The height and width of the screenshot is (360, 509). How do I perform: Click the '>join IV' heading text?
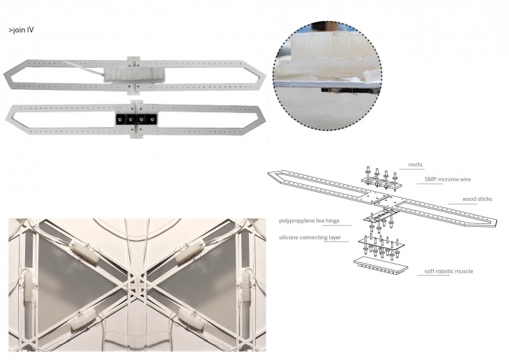click(21, 30)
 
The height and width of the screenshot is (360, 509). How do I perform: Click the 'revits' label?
click(415, 165)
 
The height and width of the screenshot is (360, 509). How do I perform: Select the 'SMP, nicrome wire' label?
click(448, 179)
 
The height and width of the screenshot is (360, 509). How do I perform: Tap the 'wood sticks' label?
click(477, 199)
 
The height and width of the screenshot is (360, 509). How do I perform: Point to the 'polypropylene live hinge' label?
click(309, 221)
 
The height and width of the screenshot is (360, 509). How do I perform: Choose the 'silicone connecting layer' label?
click(310, 237)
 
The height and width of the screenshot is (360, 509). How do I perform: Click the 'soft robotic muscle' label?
click(448, 271)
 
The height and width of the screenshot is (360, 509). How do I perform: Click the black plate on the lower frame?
click(137, 119)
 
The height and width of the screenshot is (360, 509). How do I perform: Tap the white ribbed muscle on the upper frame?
click(134, 75)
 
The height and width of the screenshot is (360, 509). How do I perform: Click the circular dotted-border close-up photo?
click(327, 76)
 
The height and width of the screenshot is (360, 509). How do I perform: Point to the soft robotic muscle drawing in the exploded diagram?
click(381, 266)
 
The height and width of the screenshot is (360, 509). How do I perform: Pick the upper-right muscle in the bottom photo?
click(189, 253)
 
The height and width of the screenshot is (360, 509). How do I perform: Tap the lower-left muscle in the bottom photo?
click(82, 320)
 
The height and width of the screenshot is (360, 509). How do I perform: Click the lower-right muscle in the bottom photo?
click(192, 320)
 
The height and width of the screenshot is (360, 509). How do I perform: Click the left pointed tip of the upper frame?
click(4, 76)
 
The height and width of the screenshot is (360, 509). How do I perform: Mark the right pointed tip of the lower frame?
click(265, 119)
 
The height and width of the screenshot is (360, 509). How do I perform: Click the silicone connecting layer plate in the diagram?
click(381, 244)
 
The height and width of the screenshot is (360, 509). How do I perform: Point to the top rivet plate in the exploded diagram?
click(381, 181)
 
